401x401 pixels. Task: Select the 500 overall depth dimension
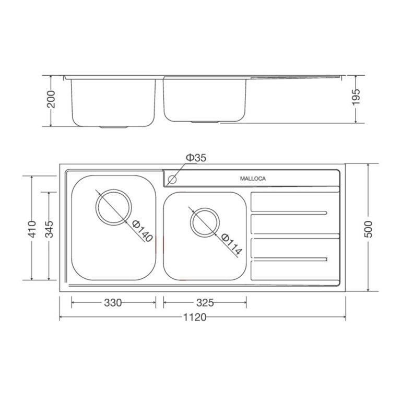369,227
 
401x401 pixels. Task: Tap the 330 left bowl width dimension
113,302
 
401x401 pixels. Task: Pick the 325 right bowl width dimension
205,302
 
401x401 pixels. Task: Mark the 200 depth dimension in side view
51,100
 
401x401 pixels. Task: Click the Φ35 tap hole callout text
196,158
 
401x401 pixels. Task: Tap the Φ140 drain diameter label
142,231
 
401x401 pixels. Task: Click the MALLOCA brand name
253,179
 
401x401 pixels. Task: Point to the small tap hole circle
172,180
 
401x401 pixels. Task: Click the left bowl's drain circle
113,207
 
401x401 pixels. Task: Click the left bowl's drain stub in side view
115,127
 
